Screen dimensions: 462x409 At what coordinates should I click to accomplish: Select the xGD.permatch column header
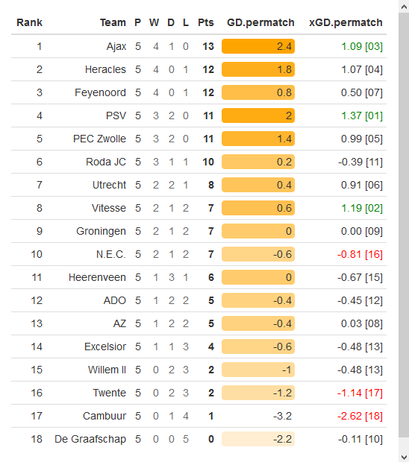346,22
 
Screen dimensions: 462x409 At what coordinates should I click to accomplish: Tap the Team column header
113,22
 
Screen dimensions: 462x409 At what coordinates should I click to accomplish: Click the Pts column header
206,22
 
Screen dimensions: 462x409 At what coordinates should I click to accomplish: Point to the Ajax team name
116,46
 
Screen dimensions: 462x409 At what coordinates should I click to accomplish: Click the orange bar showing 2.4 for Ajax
258,46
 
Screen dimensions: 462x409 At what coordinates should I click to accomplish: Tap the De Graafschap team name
90,439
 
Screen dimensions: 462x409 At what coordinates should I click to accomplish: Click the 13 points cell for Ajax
207,46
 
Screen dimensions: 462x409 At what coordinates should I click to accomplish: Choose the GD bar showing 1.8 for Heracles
258,69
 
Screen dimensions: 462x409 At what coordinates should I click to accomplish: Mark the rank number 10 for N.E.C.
37,254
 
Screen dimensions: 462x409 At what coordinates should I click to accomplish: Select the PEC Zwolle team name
99,139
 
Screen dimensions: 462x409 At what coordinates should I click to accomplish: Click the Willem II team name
105,370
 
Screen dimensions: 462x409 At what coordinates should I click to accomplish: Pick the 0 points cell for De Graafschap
211,439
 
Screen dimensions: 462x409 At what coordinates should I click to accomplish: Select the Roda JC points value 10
207,162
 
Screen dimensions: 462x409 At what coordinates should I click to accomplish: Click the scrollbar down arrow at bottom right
403,456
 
